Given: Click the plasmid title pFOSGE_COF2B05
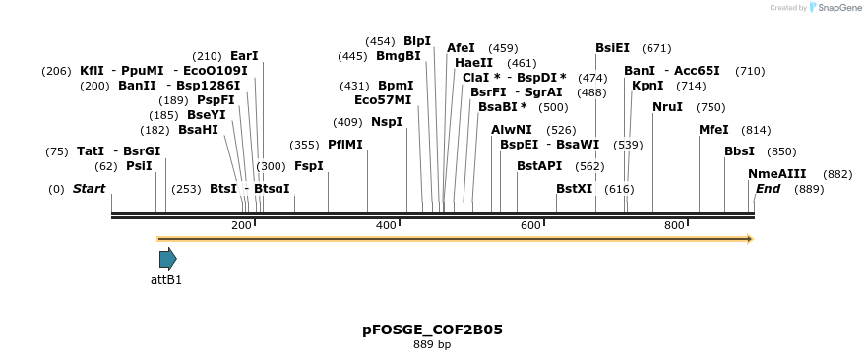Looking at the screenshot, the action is [x=432, y=330].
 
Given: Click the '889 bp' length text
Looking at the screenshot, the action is [x=432, y=345].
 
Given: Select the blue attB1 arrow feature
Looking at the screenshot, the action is [x=168, y=259].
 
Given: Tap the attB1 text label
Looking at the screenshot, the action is [x=166, y=280].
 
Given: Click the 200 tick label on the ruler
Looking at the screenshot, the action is [x=241, y=226].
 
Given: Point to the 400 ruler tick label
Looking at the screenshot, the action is [x=386, y=226].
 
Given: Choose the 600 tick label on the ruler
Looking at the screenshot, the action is [x=530, y=226].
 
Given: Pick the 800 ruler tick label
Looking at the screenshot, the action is [x=674, y=226].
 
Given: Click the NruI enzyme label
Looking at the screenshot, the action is [x=667, y=107].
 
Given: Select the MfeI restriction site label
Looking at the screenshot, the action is [x=713, y=130].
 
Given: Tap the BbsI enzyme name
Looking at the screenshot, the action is [x=739, y=151].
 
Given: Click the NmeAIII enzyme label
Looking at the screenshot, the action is [x=776, y=174].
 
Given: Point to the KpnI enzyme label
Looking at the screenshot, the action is [x=648, y=86].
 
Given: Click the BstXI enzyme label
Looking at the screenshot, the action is [x=575, y=189].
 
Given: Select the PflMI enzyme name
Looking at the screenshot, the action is [x=345, y=145].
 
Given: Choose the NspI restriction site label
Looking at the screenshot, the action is [x=387, y=122].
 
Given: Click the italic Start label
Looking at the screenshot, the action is [x=89, y=189].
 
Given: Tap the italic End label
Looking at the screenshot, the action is [x=768, y=189].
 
